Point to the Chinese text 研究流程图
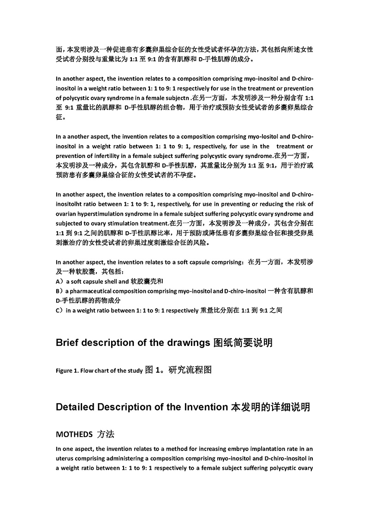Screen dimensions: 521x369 click(x=190, y=369)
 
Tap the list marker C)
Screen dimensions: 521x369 click(x=59, y=311)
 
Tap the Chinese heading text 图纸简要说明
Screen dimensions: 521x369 click(x=243, y=343)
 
